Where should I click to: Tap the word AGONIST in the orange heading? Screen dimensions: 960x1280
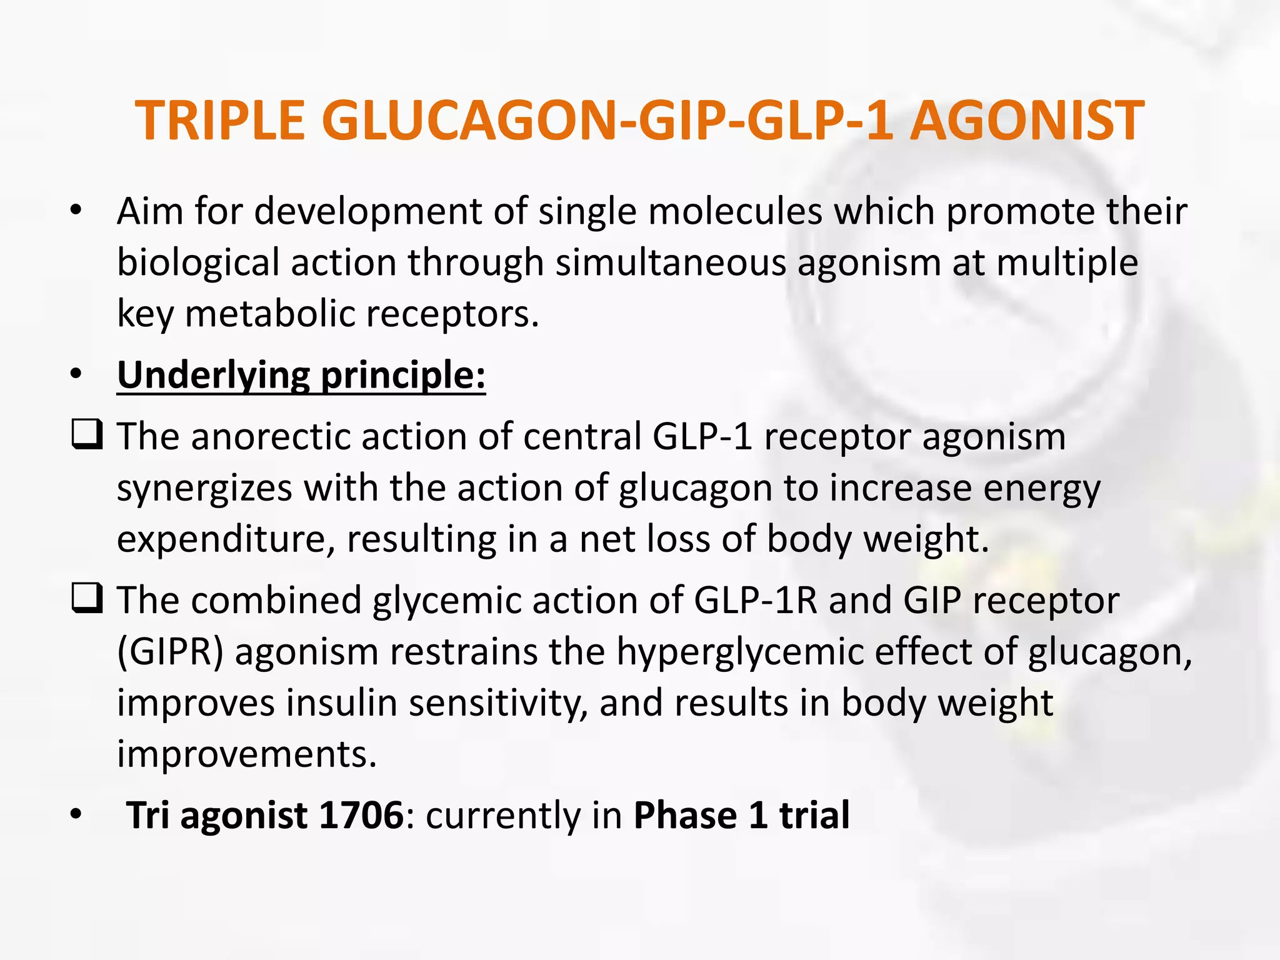coord(1026,121)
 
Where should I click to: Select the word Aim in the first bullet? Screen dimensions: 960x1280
coord(149,211)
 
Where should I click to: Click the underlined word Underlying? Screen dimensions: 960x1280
coord(213,376)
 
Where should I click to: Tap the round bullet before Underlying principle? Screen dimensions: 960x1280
coord(76,375)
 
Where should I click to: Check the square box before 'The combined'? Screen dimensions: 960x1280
coord(87,598)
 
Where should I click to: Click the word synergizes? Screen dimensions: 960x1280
coord(204,488)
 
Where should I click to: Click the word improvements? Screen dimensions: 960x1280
coord(247,754)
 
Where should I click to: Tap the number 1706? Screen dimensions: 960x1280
coord(361,816)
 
